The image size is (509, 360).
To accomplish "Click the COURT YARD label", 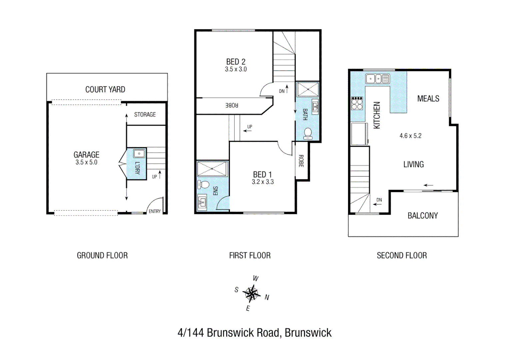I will coord(105,89).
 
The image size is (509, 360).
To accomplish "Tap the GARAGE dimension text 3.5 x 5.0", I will coord(86,162).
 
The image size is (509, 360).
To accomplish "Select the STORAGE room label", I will coord(145,114).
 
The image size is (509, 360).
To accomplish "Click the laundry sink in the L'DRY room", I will coord(139,153).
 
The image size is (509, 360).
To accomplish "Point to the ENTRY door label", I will coord(155,211).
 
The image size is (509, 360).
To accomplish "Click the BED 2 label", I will coord(236,62).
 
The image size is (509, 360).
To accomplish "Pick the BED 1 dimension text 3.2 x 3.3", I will coord(262,182).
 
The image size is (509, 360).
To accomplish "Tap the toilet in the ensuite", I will coord(203,184).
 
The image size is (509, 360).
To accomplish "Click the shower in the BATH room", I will coord(307,90).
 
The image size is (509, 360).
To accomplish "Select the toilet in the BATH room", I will coord(308,133).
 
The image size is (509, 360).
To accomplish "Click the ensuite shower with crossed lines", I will coord(212,169).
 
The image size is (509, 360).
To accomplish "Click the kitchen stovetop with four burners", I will coord(357,103).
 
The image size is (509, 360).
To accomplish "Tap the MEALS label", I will coord(428,99).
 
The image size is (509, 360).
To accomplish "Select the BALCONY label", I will coord(422,216).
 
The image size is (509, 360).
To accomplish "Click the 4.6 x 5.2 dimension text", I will coord(410,136).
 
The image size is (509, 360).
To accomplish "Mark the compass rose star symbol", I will coord(252,294).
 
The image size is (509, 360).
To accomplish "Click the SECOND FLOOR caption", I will coord(402,255).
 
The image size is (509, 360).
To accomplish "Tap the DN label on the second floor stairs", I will coord(379,200).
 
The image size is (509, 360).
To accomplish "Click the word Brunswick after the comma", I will coord(308,333).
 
